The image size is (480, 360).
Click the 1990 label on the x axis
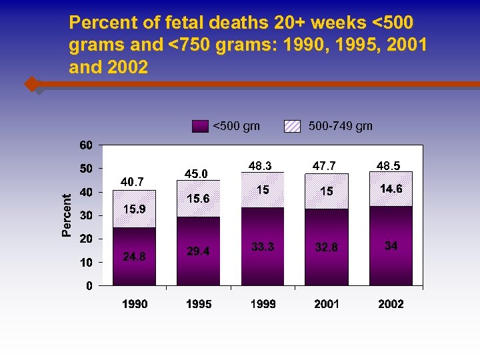[134, 304]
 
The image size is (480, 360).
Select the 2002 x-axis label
[391, 304]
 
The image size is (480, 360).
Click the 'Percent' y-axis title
[67, 215]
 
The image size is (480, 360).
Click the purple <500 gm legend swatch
[200, 126]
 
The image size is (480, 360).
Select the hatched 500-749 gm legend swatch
[292, 126]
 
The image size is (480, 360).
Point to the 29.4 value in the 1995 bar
[199, 251]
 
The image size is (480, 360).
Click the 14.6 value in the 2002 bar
[391, 189]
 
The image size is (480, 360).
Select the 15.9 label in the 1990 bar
[134, 209]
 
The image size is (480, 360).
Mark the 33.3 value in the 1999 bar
[263, 247]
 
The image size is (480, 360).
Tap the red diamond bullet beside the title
[31, 85]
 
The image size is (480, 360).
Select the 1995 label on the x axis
[199, 304]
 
